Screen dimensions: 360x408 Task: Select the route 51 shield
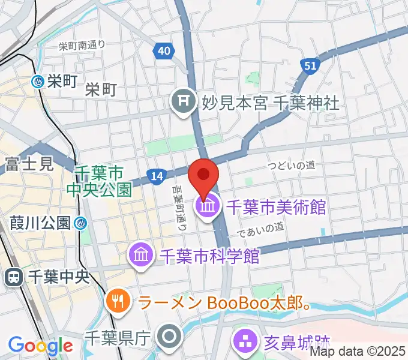coord(310,67)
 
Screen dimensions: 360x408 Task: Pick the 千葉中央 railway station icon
coord(13,277)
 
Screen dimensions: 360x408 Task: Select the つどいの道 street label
coord(292,164)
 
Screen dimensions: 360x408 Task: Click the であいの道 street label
coord(260,227)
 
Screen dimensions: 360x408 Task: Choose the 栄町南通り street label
coord(82,44)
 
